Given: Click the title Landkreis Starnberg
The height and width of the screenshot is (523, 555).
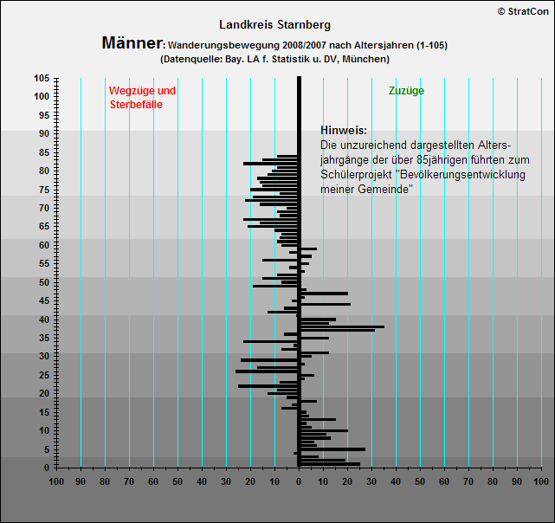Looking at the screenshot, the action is pyautogui.click(x=274, y=25).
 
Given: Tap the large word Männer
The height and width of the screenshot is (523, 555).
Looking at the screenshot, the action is pyautogui.click(x=132, y=42).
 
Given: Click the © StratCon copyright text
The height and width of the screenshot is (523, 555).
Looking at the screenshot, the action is pyautogui.click(x=523, y=11).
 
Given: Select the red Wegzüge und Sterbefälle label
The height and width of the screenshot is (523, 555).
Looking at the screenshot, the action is pyautogui.click(x=142, y=97).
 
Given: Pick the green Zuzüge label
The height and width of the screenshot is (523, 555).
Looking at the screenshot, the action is pyautogui.click(x=406, y=91).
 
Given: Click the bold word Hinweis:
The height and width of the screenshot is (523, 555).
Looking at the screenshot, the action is pyautogui.click(x=344, y=130).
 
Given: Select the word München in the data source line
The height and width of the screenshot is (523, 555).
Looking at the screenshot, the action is pyautogui.click(x=365, y=59).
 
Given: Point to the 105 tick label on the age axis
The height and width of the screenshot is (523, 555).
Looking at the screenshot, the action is pyautogui.click(x=42, y=78).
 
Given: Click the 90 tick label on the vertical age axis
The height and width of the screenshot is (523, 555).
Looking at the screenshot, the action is pyautogui.click(x=44, y=133).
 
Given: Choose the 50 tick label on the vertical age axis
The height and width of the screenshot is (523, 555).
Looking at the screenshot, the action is pyautogui.click(x=44, y=282).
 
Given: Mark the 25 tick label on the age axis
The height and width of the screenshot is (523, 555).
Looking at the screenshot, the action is pyautogui.click(x=44, y=375).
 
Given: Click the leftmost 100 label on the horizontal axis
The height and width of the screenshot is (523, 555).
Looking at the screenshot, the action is pyautogui.click(x=56, y=481).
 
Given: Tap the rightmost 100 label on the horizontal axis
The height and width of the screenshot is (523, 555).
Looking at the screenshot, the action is pyautogui.click(x=541, y=481).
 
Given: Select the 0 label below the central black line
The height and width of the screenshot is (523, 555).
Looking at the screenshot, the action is pyautogui.click(x=299, y=481).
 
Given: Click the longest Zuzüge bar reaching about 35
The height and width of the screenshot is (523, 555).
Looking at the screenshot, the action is pyautogui.click(x=343, y=326).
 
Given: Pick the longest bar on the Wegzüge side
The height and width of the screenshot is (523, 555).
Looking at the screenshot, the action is pyautogui.click(x=266, y=371).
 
